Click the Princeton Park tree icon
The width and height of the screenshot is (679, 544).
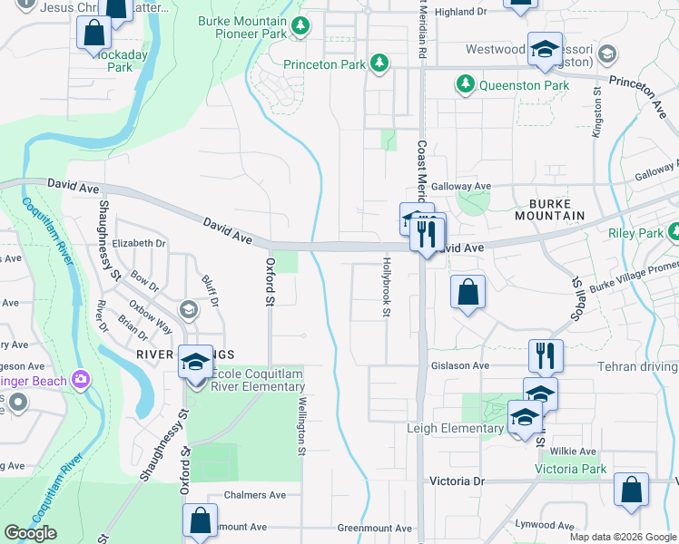pyautogui.click(x=379, y=63)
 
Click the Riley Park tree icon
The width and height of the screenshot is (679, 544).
pyautogui.click(x=674, y=234)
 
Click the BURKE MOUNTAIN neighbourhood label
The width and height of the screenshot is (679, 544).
pyautogui.click(x=550, y=209)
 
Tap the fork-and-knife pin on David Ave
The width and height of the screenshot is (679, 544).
pyautogui.click(x=425, y=234)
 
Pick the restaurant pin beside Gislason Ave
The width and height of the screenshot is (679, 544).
pyautogui.click(x=545, y=355)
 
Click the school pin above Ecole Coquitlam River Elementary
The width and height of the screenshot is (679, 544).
pyautogui.click(x=194, y=362)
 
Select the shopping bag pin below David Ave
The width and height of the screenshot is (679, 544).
pyautogui.click(x=467, y=293)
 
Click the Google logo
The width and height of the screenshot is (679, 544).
pyautogui.click(x=30, y=533)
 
